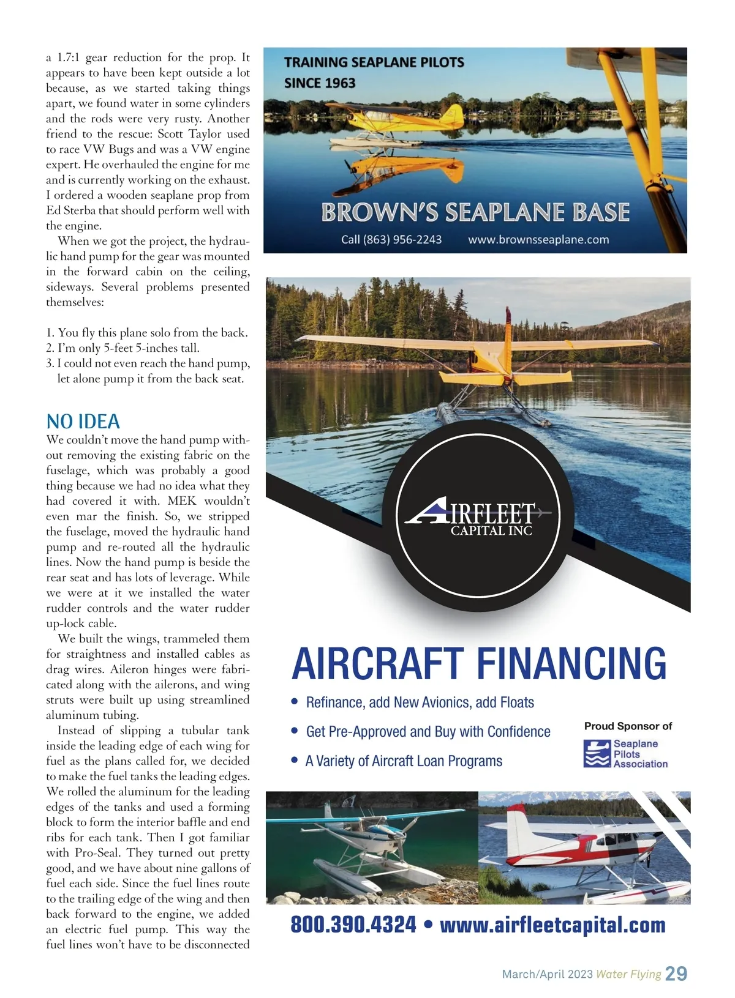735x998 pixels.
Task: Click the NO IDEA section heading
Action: pos(83,422)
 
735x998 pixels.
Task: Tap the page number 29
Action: pos(676,974)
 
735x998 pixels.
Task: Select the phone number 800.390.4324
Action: pos(353,925)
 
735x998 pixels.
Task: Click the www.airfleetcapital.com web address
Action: pos(552,925)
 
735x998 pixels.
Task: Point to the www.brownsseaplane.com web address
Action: pos(538,239)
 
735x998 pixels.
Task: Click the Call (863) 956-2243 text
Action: pos(391,239)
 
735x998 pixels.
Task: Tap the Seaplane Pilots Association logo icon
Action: pos(597,754)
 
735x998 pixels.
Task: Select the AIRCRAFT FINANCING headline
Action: pos(478,664)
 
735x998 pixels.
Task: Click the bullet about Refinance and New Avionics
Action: pos(420,702)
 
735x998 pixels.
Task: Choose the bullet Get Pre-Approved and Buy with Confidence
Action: pos(428,732)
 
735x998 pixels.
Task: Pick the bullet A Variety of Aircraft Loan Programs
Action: pos(404,761)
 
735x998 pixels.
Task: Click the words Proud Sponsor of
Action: pos(628,726)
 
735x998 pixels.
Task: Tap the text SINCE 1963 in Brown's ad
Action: pos(320,83)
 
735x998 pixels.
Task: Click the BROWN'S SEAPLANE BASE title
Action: pos(475,212)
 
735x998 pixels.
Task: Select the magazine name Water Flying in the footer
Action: pos(628,974)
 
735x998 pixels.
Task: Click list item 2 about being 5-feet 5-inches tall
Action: pos(123,348)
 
